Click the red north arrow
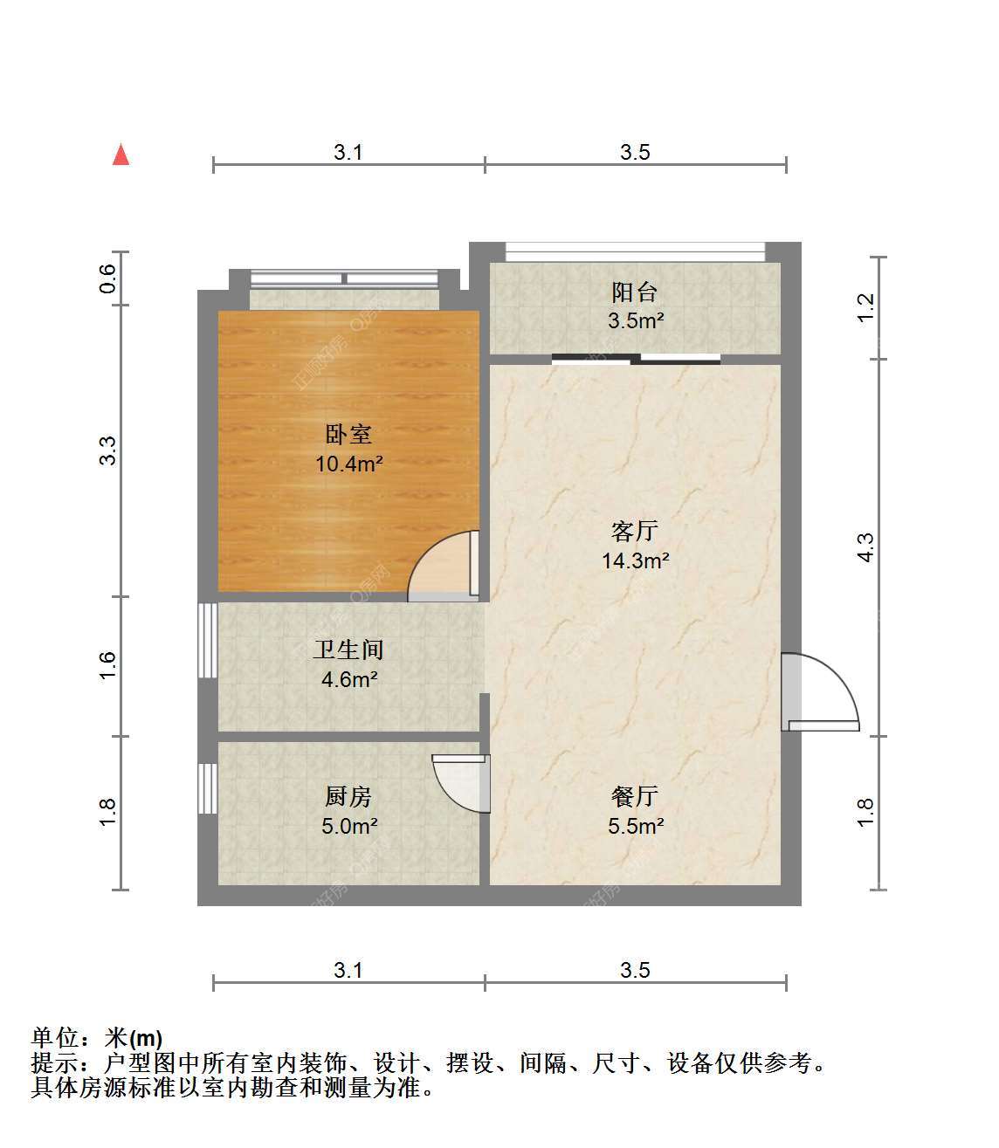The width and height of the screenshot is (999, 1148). [x=121, y=155]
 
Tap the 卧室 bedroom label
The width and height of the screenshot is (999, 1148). [x=348, y=435]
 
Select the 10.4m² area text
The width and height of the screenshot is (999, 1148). [x=349, y=464]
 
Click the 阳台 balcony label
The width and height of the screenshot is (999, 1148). [x=635, y=292]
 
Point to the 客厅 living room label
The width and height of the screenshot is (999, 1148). [x=635, y=531]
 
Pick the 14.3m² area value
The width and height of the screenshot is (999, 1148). [x=636, y=560]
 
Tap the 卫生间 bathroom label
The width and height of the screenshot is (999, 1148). [x=348, y=650]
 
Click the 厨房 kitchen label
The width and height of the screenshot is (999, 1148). [x=348, y=797]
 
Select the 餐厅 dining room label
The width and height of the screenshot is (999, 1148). [x=635, y=797]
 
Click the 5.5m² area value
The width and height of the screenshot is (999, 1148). [x=636, y=826]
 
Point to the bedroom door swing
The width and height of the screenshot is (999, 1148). [x=444, y=566]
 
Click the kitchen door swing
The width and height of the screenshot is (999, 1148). [x=461, y=783]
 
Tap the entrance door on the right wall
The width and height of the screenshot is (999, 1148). [x=820, y=692]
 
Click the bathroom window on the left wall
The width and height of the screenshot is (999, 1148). [x=208, y=640]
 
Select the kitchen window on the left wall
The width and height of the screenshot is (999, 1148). [x=208, y=788]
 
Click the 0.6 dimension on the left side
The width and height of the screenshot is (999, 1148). [x=107, y=278]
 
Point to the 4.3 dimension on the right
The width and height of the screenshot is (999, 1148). [x=866, y=547]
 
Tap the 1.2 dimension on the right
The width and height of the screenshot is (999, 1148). [x=866, y=308]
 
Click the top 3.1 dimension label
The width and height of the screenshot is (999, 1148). [x=348, y=152]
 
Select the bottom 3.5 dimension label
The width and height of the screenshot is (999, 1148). [x=636, y=970]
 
